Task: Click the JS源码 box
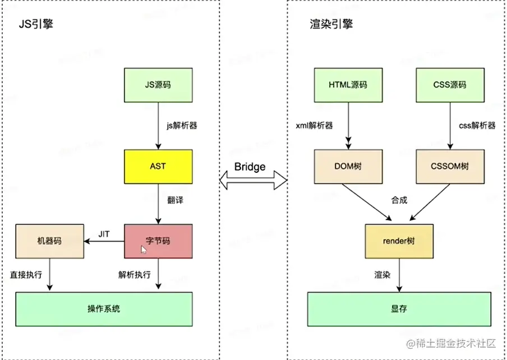tap(158, 85)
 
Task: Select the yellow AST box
tap(158, 167)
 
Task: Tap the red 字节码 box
tap(158, 241)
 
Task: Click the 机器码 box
tap(49, 241)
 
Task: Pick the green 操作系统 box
tap(104, 309)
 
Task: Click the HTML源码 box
tap(348, 85)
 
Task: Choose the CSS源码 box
tap(450, 85)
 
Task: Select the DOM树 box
tap(348, 167)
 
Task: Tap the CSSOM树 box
tap(450, 167)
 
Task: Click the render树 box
tap(399, 241)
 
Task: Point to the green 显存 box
tap(399, 309)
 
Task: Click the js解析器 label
tap(182, 126)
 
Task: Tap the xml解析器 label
tap(315, 126)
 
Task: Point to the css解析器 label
tap(477, 126)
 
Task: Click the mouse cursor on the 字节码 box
tap(144, 249)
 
